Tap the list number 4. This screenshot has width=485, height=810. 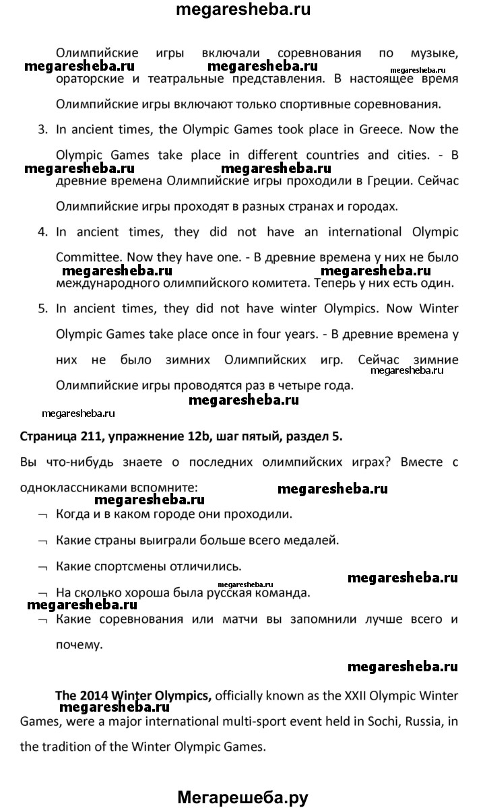click(x=42, y=232)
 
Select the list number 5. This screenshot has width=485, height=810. click(x=42, y=308)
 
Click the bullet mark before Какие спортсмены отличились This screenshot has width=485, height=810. click(x=43, y=567)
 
